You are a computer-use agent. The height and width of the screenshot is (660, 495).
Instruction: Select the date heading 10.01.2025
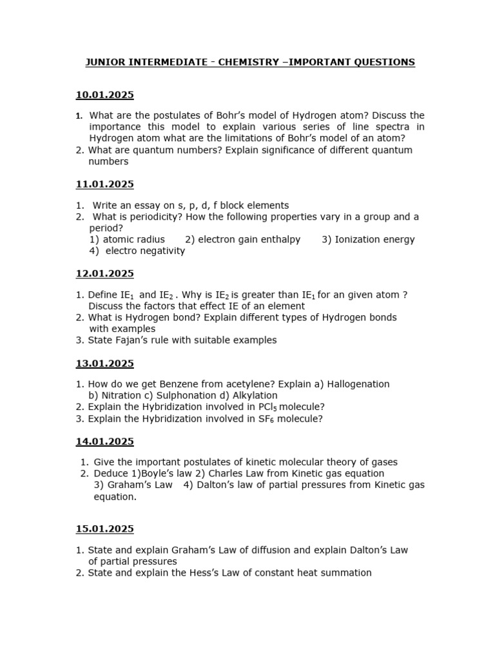click(x=104, y=95)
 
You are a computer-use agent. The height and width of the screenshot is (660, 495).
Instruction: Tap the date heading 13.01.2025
click(x=104, y=364)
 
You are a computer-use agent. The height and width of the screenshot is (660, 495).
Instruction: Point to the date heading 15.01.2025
click(x=104, y=529)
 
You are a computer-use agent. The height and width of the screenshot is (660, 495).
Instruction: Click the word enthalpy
click(x=277, y=240)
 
